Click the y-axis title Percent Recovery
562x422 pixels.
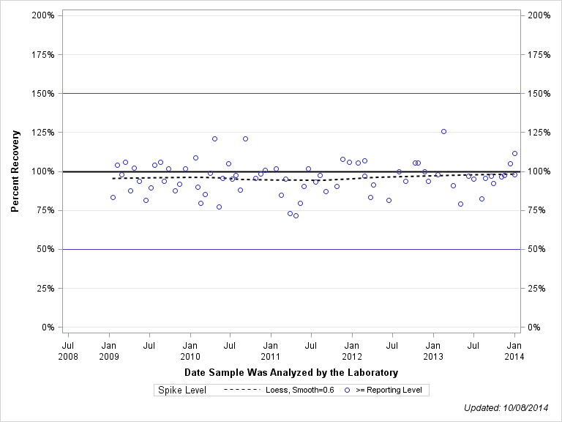[x=15, y=171]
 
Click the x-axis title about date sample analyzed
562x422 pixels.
[x=291, y=372]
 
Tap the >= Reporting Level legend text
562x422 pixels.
[x=388, y=390]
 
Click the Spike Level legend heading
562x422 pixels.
[x=182, y=390]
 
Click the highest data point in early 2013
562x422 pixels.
[x=443, y=131]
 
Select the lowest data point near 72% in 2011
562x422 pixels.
[x=296, y=215]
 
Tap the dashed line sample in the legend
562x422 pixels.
[x=241, y=390]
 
